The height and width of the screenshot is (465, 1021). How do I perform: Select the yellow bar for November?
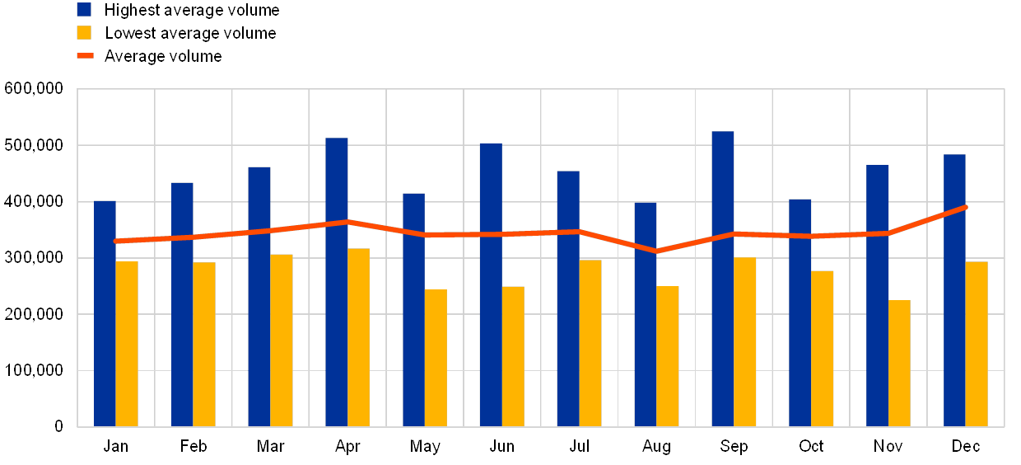(x=899, y=364)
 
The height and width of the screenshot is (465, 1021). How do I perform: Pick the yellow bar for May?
(x=436, y=358)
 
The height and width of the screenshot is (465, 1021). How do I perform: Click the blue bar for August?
(x=646, y=314)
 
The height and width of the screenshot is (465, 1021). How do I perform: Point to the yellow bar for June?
(x=513, y=356)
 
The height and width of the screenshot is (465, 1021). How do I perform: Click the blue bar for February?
(x=182, y=304)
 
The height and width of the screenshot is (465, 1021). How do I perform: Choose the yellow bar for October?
(x=822, y=349)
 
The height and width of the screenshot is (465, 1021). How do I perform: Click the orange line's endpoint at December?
(x=965, y=207)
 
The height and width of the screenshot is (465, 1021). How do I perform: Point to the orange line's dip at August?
(x=657, y=251)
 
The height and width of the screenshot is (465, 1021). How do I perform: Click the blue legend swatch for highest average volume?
(x=84, y=10)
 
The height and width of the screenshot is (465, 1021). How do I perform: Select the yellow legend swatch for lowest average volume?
(x=84, y=33)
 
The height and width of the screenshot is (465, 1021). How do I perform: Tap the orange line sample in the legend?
(x=85, y=56)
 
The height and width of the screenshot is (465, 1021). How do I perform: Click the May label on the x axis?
(x=425, y=447)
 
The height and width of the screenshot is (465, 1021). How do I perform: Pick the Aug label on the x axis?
(x=656, y=447)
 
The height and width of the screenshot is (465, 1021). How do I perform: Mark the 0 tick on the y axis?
(x=58, y=427)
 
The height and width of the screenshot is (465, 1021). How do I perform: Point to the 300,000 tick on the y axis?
(x=34, y=259)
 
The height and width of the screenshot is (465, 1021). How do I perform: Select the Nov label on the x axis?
(x=888, y=447)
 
